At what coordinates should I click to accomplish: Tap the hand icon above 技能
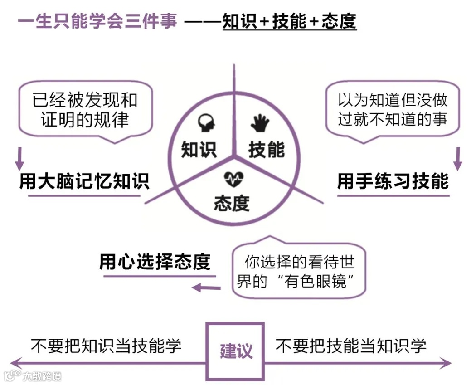[x=260, y=122]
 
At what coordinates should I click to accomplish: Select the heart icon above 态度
[x=233, y=178]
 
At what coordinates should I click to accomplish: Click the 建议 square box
[x=235, y=351]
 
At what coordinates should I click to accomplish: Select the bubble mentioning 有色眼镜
[x=298, y=271]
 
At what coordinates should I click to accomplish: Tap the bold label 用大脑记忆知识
[x=84, y=181]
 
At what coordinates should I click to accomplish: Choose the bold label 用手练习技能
[x=393, y=181]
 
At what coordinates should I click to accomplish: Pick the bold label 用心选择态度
[x=155, y=262]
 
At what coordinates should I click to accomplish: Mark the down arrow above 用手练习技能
[x=457, y=158]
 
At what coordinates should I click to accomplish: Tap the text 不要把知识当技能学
[x=106, y=346]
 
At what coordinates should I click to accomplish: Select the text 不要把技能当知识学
[x=351, y=346]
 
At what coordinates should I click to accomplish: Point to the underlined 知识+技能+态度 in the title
[x=289, y=21]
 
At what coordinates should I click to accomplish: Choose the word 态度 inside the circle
[x=232, y=203]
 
